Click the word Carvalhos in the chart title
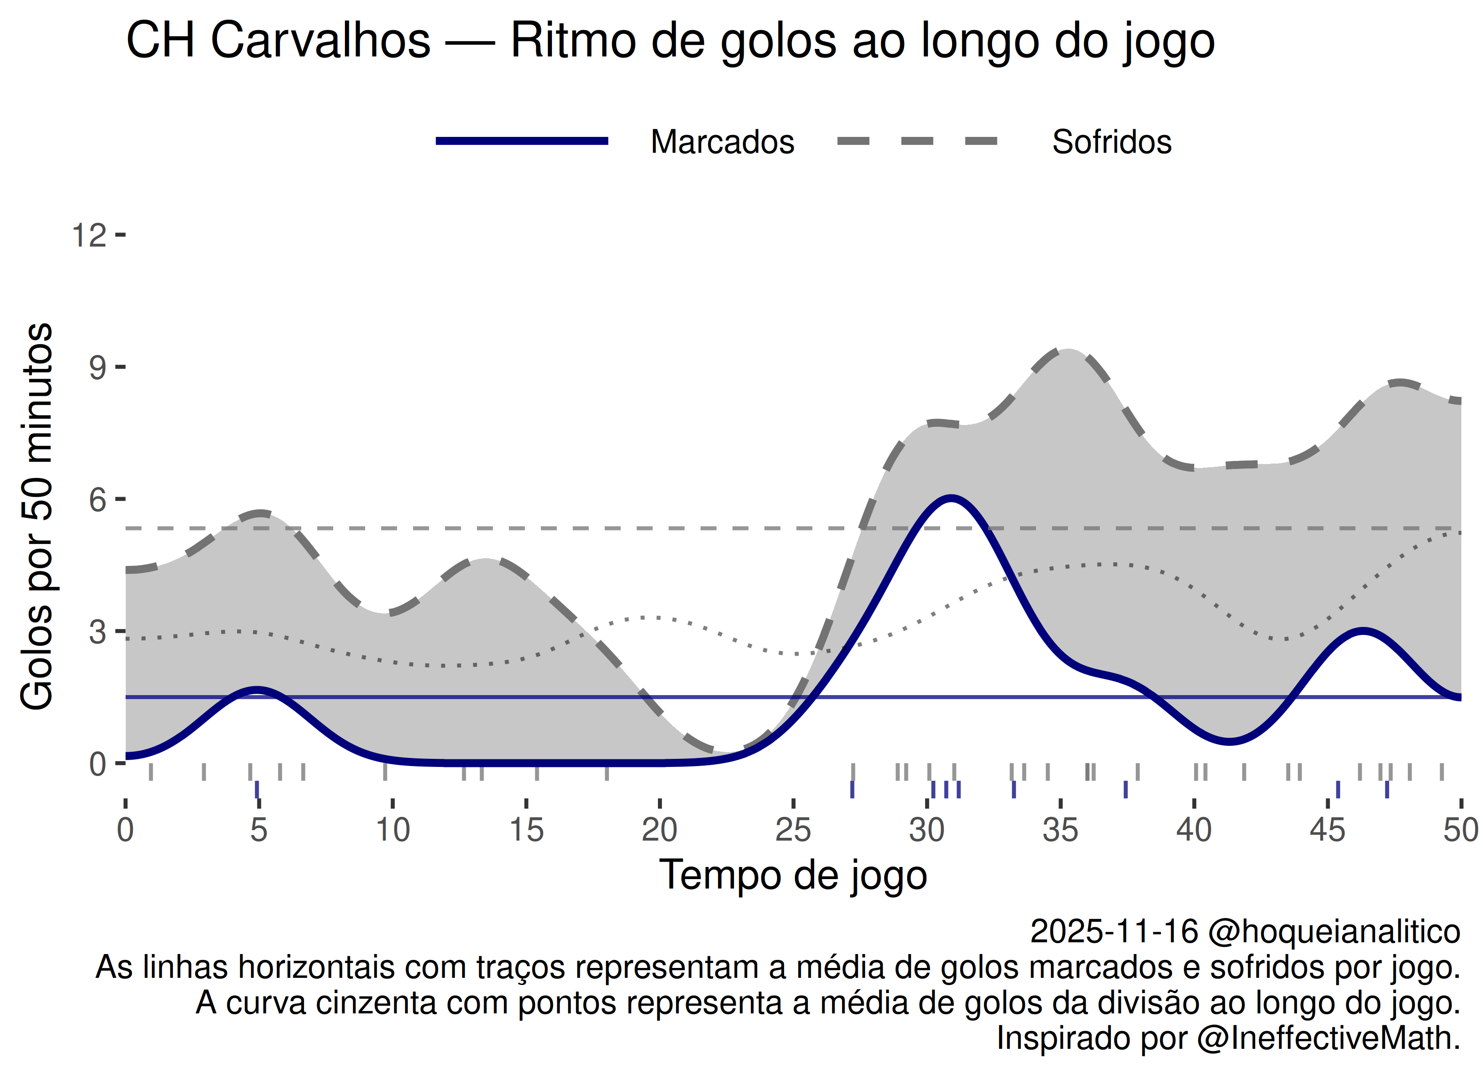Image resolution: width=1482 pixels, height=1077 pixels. click(x=320, y=40)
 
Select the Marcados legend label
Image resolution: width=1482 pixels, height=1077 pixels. click(x=722, y=142)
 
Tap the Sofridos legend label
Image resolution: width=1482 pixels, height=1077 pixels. click(x=1111, y=142)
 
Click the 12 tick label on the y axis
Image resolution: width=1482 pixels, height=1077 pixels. click(x=89, y=235)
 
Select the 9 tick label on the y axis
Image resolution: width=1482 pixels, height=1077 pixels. click(x=97, y=368)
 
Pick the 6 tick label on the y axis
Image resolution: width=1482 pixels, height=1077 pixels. click(x=97, y=500)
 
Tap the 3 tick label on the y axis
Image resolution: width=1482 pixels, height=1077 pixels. click(x=97, y=632)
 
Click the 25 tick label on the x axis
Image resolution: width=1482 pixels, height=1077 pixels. click(x=793, y=831)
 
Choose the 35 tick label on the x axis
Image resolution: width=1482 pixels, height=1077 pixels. click(x=1060, y=831)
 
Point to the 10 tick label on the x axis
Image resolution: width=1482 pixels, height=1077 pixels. click(x=392, y=831)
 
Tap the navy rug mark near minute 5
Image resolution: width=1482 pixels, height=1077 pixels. click(x=257, y=789)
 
